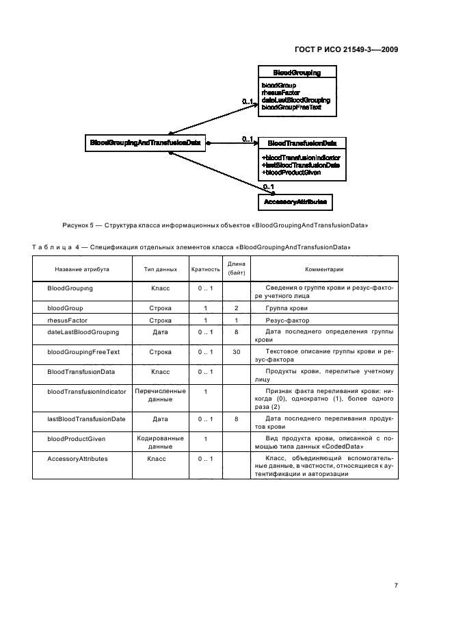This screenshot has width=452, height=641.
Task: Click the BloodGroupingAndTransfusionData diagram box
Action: pyautogui.click(x=145, y=143)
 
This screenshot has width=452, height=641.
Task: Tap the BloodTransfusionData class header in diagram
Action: pyautogui.click(x=301, y=143)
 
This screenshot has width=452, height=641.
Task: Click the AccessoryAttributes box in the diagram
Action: pyautogui.click(x=295, y=202)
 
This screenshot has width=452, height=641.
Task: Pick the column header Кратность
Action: pyautogui.click(x=205, y=270)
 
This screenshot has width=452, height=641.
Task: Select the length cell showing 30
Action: pyautogui.click(x=236, y=351)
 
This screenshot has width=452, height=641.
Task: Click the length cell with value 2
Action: pyautogui.click(x=236, y=308)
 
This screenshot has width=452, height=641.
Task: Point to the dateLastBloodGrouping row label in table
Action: pyautogui.click(x=83, y=332)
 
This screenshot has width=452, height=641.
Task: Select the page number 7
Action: pyautogui.click(x=395, y=585)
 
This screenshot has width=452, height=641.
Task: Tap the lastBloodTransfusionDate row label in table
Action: pyautogui.click(x=86, y=418)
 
